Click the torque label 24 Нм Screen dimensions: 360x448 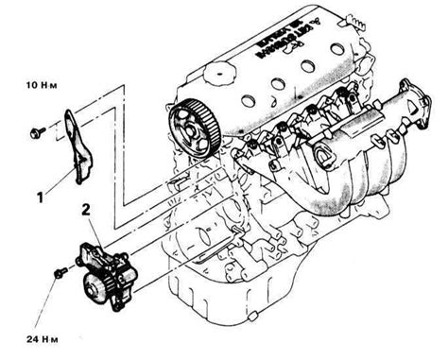coord(28,334)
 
